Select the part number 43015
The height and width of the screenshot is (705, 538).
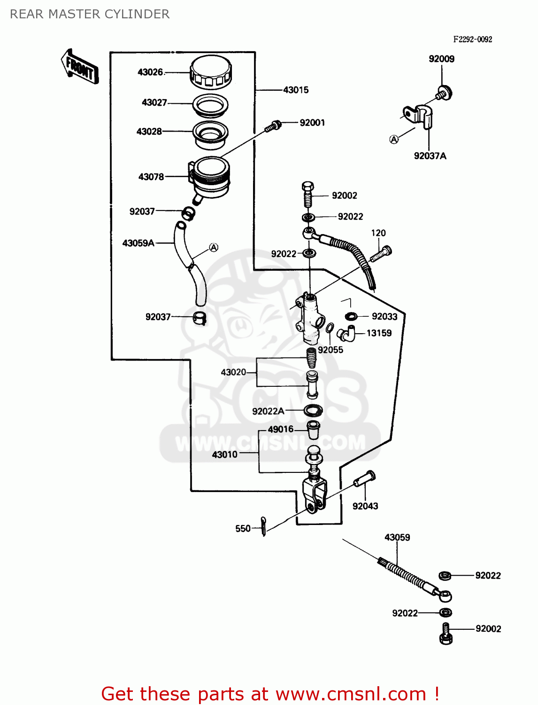click(x=296, y=90)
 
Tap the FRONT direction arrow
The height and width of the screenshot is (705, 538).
click(x=80, y=67)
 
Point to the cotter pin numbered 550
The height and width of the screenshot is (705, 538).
click(x=264, y=526)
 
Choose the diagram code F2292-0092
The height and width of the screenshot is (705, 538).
click(x=472, y=39)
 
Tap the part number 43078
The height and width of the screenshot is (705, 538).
click(x=151, y=177)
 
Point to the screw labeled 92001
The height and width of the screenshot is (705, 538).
click(x=273, y=126)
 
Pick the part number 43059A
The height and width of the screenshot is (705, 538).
click(x=138, y=243)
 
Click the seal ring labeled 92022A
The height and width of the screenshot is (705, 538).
click(x=313, y=410)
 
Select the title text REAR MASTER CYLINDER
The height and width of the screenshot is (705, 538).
click(x=90, y=14)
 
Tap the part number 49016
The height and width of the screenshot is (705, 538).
click(x=280, y=429)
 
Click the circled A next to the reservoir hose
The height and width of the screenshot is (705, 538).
click(x=214, y=247)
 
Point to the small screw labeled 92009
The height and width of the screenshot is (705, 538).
click(x=444, y=93)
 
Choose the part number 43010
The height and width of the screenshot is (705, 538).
click(x=225, y=454)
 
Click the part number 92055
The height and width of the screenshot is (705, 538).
click(x=330, y=350)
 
